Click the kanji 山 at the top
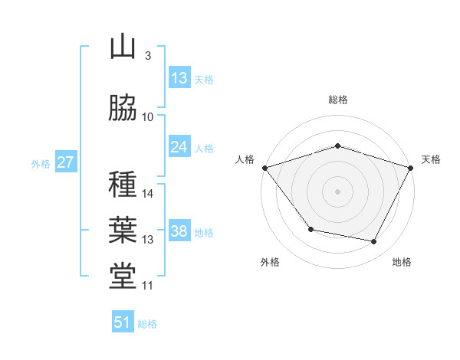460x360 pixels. point(123,47)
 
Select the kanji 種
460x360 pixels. point(123,185)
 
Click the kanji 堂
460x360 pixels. point(123,276)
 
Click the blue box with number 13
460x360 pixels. point(179,78)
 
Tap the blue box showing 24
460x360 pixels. point(179,147)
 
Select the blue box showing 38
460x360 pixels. point(179,231)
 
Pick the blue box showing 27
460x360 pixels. point(65,162)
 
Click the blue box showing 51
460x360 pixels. point(123,322)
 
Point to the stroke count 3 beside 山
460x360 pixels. point(147,56)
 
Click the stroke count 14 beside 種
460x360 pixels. point(148,194)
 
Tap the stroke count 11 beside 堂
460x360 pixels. point(148,286)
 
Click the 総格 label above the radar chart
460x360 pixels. point(337,100)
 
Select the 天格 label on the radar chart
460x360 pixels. point(431,159)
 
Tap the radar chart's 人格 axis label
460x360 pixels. point(245,159)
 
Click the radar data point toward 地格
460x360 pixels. point(374,242)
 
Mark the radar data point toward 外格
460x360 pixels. point(310,229)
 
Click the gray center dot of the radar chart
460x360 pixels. point(337,191)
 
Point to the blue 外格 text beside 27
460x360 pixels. point(40,163)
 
